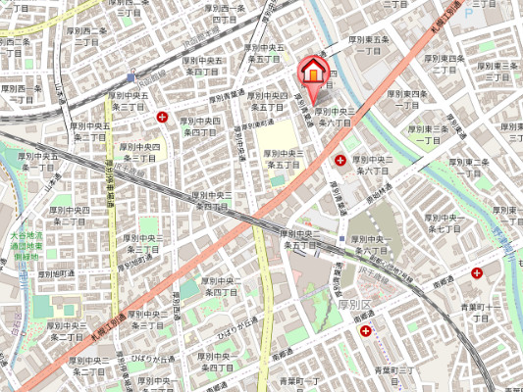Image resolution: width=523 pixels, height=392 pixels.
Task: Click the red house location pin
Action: [x=312, y=72]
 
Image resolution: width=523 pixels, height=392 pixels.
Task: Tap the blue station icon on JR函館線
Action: [x=131, y=76]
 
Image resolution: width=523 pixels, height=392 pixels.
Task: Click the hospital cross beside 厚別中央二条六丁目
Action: [x=340, y=160]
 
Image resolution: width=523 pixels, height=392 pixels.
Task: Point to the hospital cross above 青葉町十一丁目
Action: [x=477, y=273]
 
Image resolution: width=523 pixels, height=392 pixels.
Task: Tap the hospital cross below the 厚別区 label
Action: [x=366, y=332]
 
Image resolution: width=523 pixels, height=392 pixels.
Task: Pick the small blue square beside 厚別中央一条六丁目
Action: [x=341, y=238]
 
